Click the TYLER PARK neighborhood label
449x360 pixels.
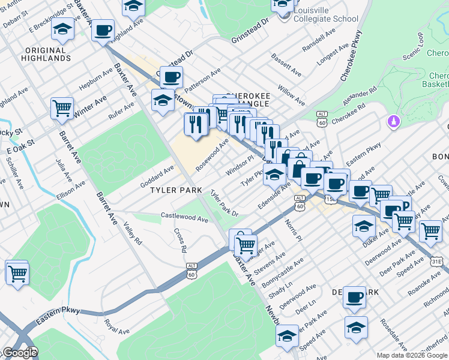[x=176, y=190]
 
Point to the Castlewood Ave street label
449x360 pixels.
[x=184, y=217]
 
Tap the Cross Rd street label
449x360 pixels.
[x=180, y=240]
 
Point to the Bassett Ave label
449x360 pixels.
[x=286, y=64]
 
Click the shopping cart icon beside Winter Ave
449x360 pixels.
[x=62, y=109]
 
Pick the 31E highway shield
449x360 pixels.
[x=438, y=261]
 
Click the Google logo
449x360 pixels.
[x=19, y=353]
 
